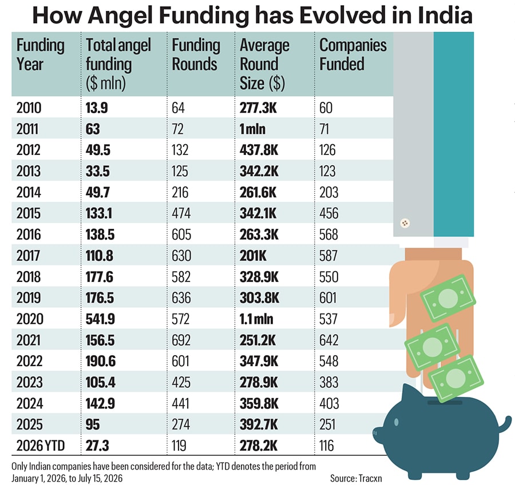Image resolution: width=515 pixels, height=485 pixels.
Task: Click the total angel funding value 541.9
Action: tap(100, 319)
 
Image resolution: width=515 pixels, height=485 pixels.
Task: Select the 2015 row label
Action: tap(29, 213)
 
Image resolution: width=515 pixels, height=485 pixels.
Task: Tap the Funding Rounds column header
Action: tap(196, 54)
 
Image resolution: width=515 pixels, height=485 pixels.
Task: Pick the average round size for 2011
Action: tap(252, 129)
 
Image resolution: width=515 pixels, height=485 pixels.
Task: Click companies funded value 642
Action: tap(329, 340)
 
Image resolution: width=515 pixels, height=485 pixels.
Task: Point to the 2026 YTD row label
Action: tap(41, 446)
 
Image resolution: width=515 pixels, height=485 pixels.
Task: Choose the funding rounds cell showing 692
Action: tap(181, 340)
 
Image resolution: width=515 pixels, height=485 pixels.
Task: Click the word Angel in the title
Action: tap(120, 15)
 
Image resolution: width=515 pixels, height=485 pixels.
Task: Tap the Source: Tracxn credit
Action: tap(356, 478)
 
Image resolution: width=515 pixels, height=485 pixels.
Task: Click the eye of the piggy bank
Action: tap(396, 422)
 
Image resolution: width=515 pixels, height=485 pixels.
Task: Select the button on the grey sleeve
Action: tap(405, 223)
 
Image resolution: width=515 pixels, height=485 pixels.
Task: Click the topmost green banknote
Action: tap(448, 298)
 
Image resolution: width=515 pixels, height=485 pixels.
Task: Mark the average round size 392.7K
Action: tap(259, 424)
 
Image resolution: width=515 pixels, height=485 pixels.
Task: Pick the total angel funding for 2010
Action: tap(97, 108)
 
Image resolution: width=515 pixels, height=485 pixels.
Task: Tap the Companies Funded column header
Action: tap(352, 54)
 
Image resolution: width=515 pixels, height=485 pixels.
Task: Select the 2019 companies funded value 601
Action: tap(328, 298)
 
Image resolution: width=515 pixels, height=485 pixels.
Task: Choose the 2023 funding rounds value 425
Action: tap(181, 382)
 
